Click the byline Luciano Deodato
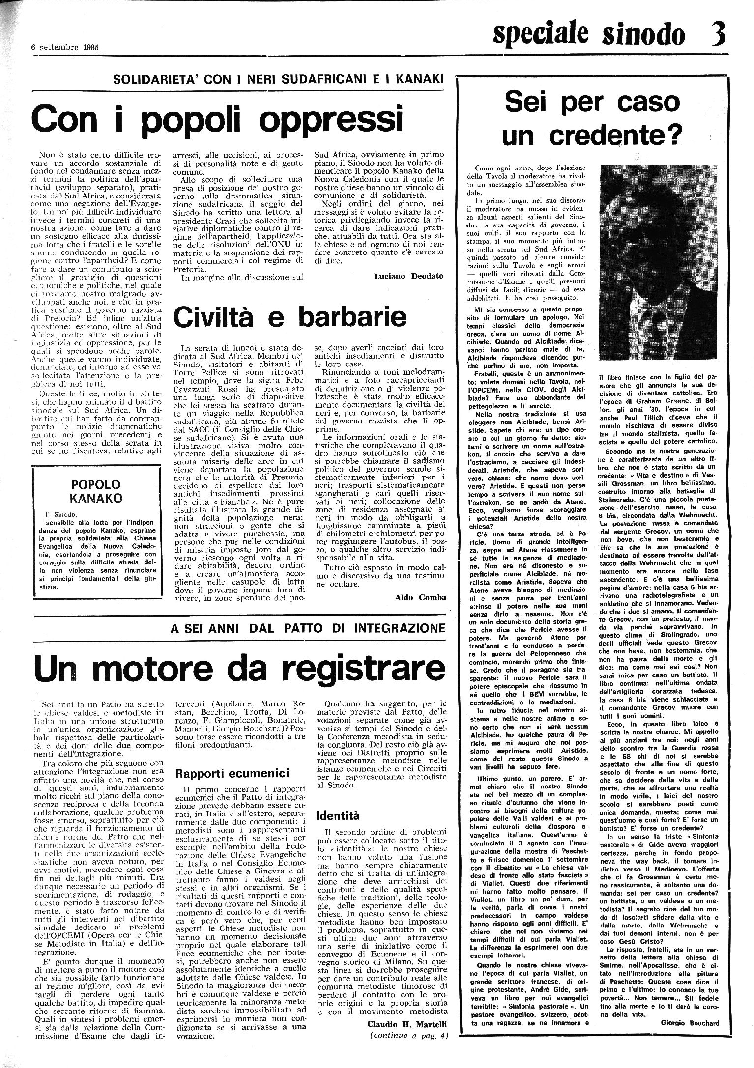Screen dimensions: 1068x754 [x=408, y=276]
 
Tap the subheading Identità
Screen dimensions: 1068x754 [x=338, y=816]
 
